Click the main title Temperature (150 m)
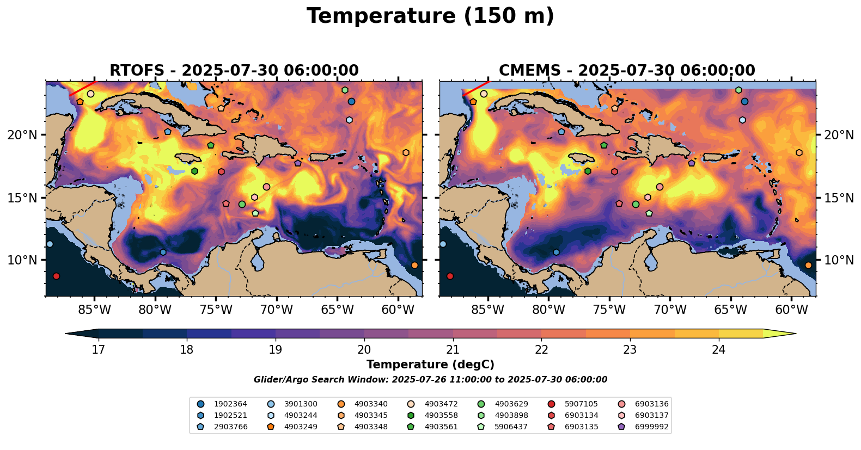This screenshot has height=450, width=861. click(x=430, y=16)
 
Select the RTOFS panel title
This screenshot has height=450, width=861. click(x=234, y=71)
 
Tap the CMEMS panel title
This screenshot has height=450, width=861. click(x=627, y=71)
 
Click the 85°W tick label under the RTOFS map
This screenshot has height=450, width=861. click(x=94, y=310)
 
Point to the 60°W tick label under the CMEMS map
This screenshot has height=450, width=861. click(x=791, y=310)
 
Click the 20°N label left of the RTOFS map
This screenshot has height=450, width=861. click(x=22, y=135)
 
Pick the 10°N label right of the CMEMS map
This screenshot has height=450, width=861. click(x=839, y=260)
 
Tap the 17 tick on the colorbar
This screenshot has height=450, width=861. click(x=98, y=349)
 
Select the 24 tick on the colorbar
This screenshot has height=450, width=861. click(x=719, y=349)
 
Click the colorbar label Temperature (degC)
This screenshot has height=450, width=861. click(x=430, y=365)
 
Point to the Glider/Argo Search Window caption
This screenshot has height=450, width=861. click(x=430, y=380)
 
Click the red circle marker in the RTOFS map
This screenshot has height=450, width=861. click(x=56, y=276)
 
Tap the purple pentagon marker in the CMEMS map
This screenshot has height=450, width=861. click(x=692, y=163)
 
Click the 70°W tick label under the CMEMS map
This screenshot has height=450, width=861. click(x=670, y=310)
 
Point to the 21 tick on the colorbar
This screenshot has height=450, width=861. click(x=453, y=349)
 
